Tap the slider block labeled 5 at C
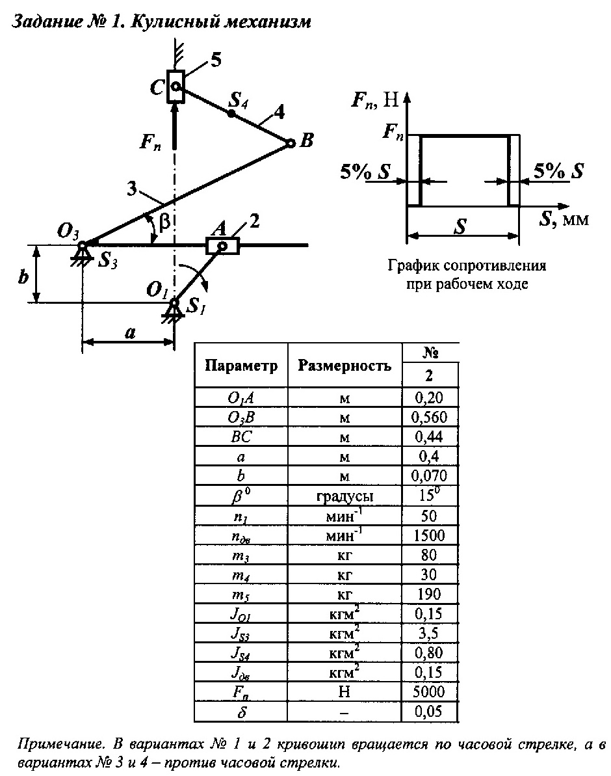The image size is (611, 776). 175,86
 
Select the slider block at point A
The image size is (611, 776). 222,246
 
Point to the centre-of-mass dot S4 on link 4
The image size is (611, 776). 231,113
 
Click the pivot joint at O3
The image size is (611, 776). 83,245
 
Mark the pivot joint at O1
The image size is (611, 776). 174,302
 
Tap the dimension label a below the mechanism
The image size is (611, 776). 130,332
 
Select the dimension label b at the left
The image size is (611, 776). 23,276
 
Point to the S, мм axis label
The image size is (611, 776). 563,219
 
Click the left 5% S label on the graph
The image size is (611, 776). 365,172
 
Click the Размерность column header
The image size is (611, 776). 344,366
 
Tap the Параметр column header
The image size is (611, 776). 241,366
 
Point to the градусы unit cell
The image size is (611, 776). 344,496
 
